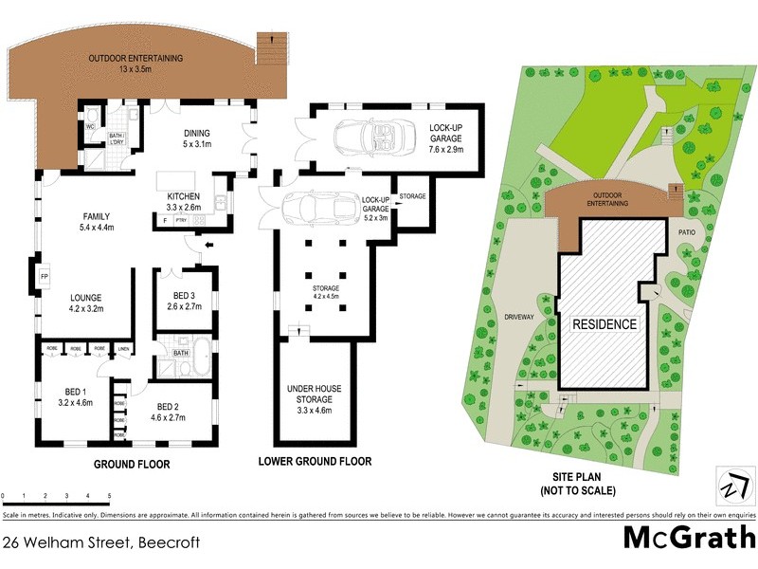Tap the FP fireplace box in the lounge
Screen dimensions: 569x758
(44, 278)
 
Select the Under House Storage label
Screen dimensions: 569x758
(316, 393)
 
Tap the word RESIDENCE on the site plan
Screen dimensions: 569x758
(605, 324)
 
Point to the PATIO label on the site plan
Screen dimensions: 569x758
(687, 229)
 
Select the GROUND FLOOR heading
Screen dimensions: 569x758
(131, 465)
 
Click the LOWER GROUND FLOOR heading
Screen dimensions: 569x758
(315, 462)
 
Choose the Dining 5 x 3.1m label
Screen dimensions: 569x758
(196, 138)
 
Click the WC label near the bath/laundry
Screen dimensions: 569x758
(90, 126)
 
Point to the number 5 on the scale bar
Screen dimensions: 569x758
(109, 496)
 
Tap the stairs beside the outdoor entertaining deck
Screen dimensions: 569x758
(272, 45)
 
